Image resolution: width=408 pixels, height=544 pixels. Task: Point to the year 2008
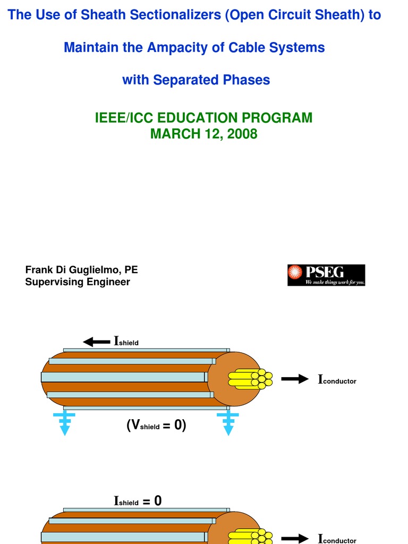[242, 134]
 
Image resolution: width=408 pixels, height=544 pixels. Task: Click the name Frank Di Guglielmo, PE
[81, 270]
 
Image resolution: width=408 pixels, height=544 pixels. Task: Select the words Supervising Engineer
[78, 282]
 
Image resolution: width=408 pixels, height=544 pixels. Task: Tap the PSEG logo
[326, 275]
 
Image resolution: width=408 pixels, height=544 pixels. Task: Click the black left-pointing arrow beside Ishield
[96, 342]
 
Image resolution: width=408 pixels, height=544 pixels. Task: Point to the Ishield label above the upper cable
[126, 342]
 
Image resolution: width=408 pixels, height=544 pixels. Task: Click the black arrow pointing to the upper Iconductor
[295, 379]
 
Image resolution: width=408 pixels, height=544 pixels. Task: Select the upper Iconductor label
[337, 380]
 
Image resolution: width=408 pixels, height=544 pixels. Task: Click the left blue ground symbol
[64, 423]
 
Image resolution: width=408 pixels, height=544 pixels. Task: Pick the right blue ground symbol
[228, 423]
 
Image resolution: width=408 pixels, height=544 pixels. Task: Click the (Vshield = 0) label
[156, 426]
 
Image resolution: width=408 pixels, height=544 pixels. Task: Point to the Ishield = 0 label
[138, 501]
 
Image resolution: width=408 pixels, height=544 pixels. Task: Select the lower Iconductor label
[337, 539]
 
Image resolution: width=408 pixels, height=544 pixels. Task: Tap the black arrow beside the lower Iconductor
[295, 538]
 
